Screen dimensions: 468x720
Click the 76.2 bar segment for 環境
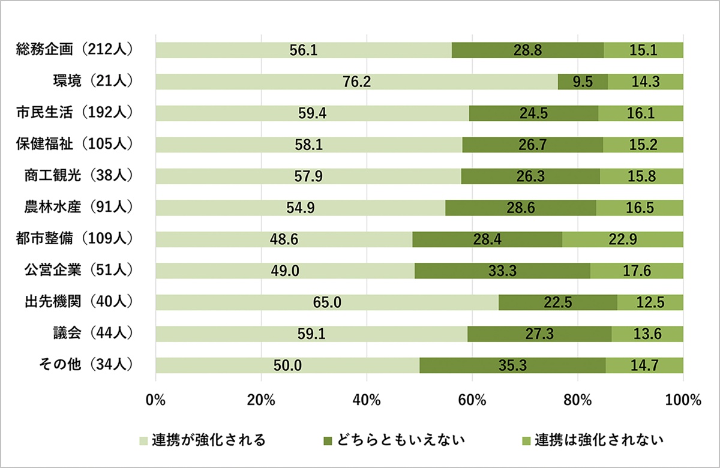click(356, 82)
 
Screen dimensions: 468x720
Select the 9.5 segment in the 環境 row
click(583, 82)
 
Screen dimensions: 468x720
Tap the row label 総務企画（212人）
click(74, 50)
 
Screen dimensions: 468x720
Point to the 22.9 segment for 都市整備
click(623, 239)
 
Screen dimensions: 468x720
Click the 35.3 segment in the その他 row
click(512, 365)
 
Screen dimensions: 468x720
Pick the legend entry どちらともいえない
click(393, 440)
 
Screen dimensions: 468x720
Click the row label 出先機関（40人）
click(74, 302)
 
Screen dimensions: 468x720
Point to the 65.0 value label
click(327, 302)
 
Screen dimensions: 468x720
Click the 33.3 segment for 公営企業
click(502, 271)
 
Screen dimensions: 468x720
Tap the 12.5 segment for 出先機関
click(650, 302)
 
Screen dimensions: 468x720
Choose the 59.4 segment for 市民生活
click(312, 113)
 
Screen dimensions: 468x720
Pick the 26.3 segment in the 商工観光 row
click(530, 176)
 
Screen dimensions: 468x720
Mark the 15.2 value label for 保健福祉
click(643, 145)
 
